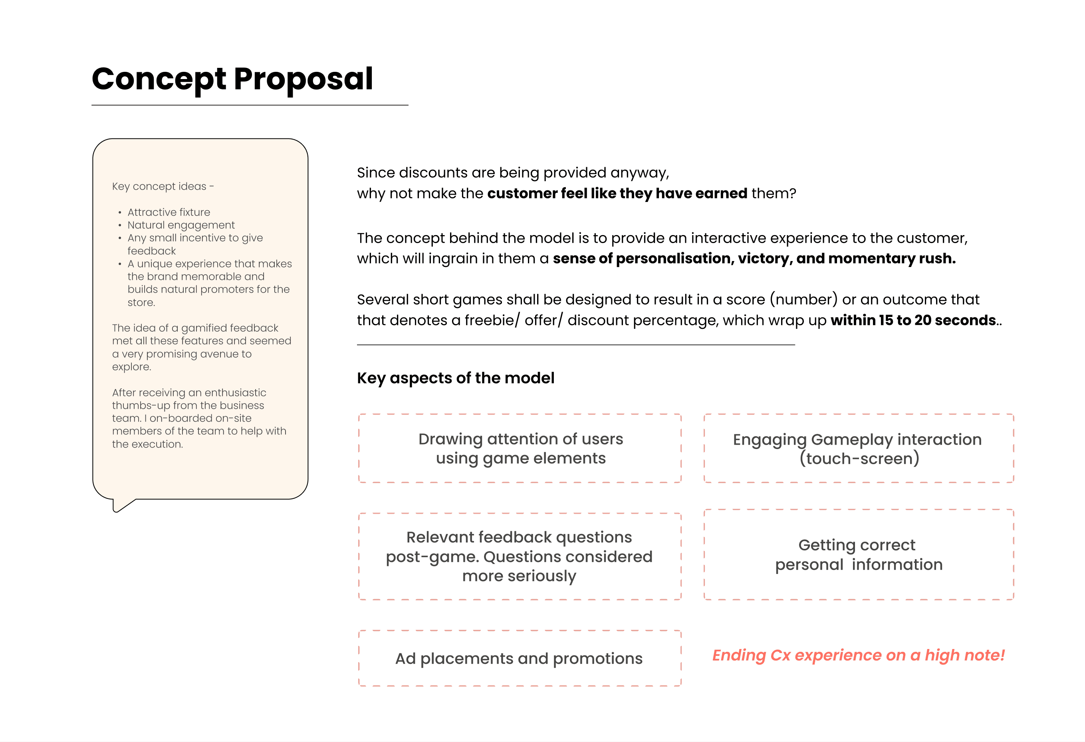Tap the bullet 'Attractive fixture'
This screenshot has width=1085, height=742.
[169, 212]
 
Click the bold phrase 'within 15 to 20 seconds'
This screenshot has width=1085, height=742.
[913, 320]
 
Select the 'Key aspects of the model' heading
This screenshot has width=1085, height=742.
[456, 378]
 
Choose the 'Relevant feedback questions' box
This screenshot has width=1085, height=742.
[520, 556]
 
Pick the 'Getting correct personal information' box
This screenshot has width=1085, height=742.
[858, 554]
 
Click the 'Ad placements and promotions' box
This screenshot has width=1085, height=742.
[520, 658]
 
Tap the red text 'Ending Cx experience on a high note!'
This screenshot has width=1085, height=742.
[858, 655]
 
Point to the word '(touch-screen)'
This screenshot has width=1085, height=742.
[859, 458]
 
